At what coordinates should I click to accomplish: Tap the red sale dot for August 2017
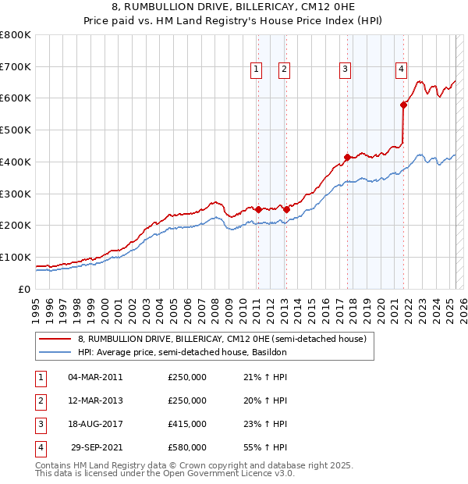[347, 158]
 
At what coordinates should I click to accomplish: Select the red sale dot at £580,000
[404, 105]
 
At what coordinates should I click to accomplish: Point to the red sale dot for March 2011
[258, 209]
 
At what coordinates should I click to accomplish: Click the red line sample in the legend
[55, 339]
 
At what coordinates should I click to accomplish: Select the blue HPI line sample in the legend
[55, 352]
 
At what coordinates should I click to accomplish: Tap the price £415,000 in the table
[187, 424]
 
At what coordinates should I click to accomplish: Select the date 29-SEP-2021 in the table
[97, 447]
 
